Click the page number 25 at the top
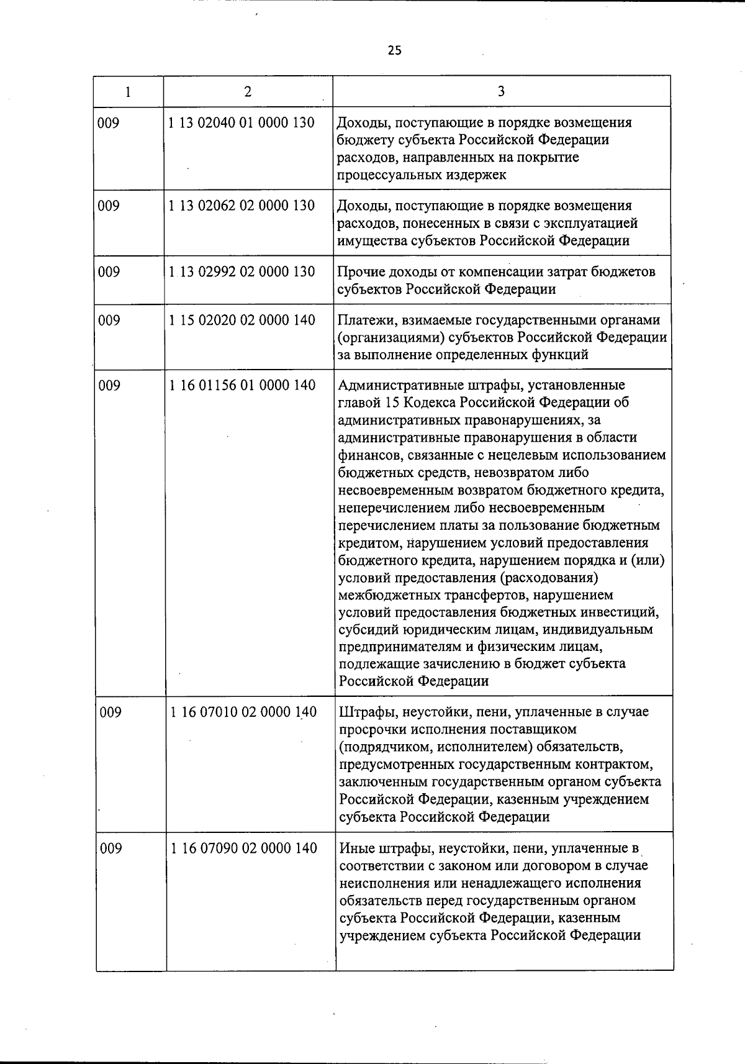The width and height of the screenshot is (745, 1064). [395, 51]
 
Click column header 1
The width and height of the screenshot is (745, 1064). [128, 92]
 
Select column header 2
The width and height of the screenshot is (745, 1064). [248, 92]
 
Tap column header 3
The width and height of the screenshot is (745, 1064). [501, 92]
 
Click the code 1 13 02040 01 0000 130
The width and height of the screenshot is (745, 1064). [242, 122]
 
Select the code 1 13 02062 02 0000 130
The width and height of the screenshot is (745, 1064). [242, 206]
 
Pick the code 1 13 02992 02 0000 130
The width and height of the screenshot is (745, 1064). [242, 271]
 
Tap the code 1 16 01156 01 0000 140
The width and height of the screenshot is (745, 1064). [242, 385]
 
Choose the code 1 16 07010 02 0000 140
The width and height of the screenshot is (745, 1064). [243, 712]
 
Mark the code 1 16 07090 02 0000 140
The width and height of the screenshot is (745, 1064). [243, 848]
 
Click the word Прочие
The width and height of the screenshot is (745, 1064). [361, 272]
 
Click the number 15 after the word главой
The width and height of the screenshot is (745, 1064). [394, 402]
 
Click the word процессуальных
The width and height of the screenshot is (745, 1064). [389, 175]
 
